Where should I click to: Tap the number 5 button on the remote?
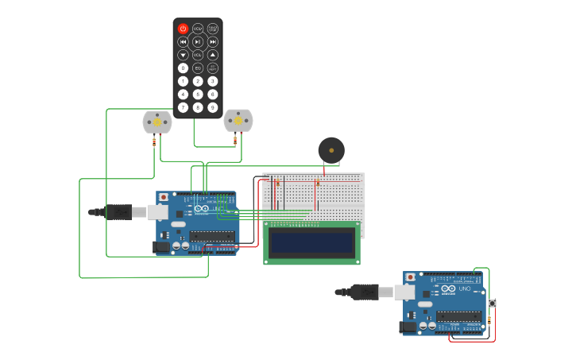pos(198,94)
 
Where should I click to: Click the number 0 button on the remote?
pos(183,68)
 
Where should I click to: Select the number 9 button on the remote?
pos(213,107)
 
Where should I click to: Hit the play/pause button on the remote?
pos(198,41)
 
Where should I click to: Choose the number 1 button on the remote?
pos(183,81)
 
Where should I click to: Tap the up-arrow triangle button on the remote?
pos(213,55)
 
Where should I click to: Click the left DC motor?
pos(157,122)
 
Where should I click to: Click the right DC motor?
pos(238,121)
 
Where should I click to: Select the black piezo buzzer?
pos(331,150)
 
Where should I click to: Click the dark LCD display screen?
pos(311,242)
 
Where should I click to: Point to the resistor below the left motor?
pos(154,142)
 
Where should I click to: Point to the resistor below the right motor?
pos(235,141)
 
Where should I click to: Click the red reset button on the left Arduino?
pos(164,197)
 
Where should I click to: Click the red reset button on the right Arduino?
pos(410,277)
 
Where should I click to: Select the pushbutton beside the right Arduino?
pos(492,303)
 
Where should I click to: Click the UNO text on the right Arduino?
pos(464,288)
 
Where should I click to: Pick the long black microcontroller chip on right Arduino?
pos(458,316)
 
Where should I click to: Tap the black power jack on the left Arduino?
pos(161,247)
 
